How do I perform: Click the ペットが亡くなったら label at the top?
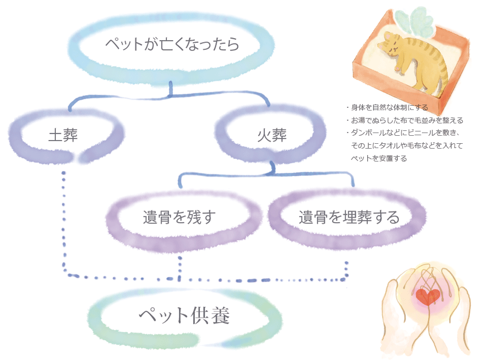click(172, 44)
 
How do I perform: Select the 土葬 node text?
click(63, 135)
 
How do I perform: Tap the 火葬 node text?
click(272, 135)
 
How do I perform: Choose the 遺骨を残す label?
click(179, 218)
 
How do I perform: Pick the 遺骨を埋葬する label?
click(349, 218)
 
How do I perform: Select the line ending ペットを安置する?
click(378, 158)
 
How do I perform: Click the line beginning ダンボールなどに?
click(408, 133)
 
